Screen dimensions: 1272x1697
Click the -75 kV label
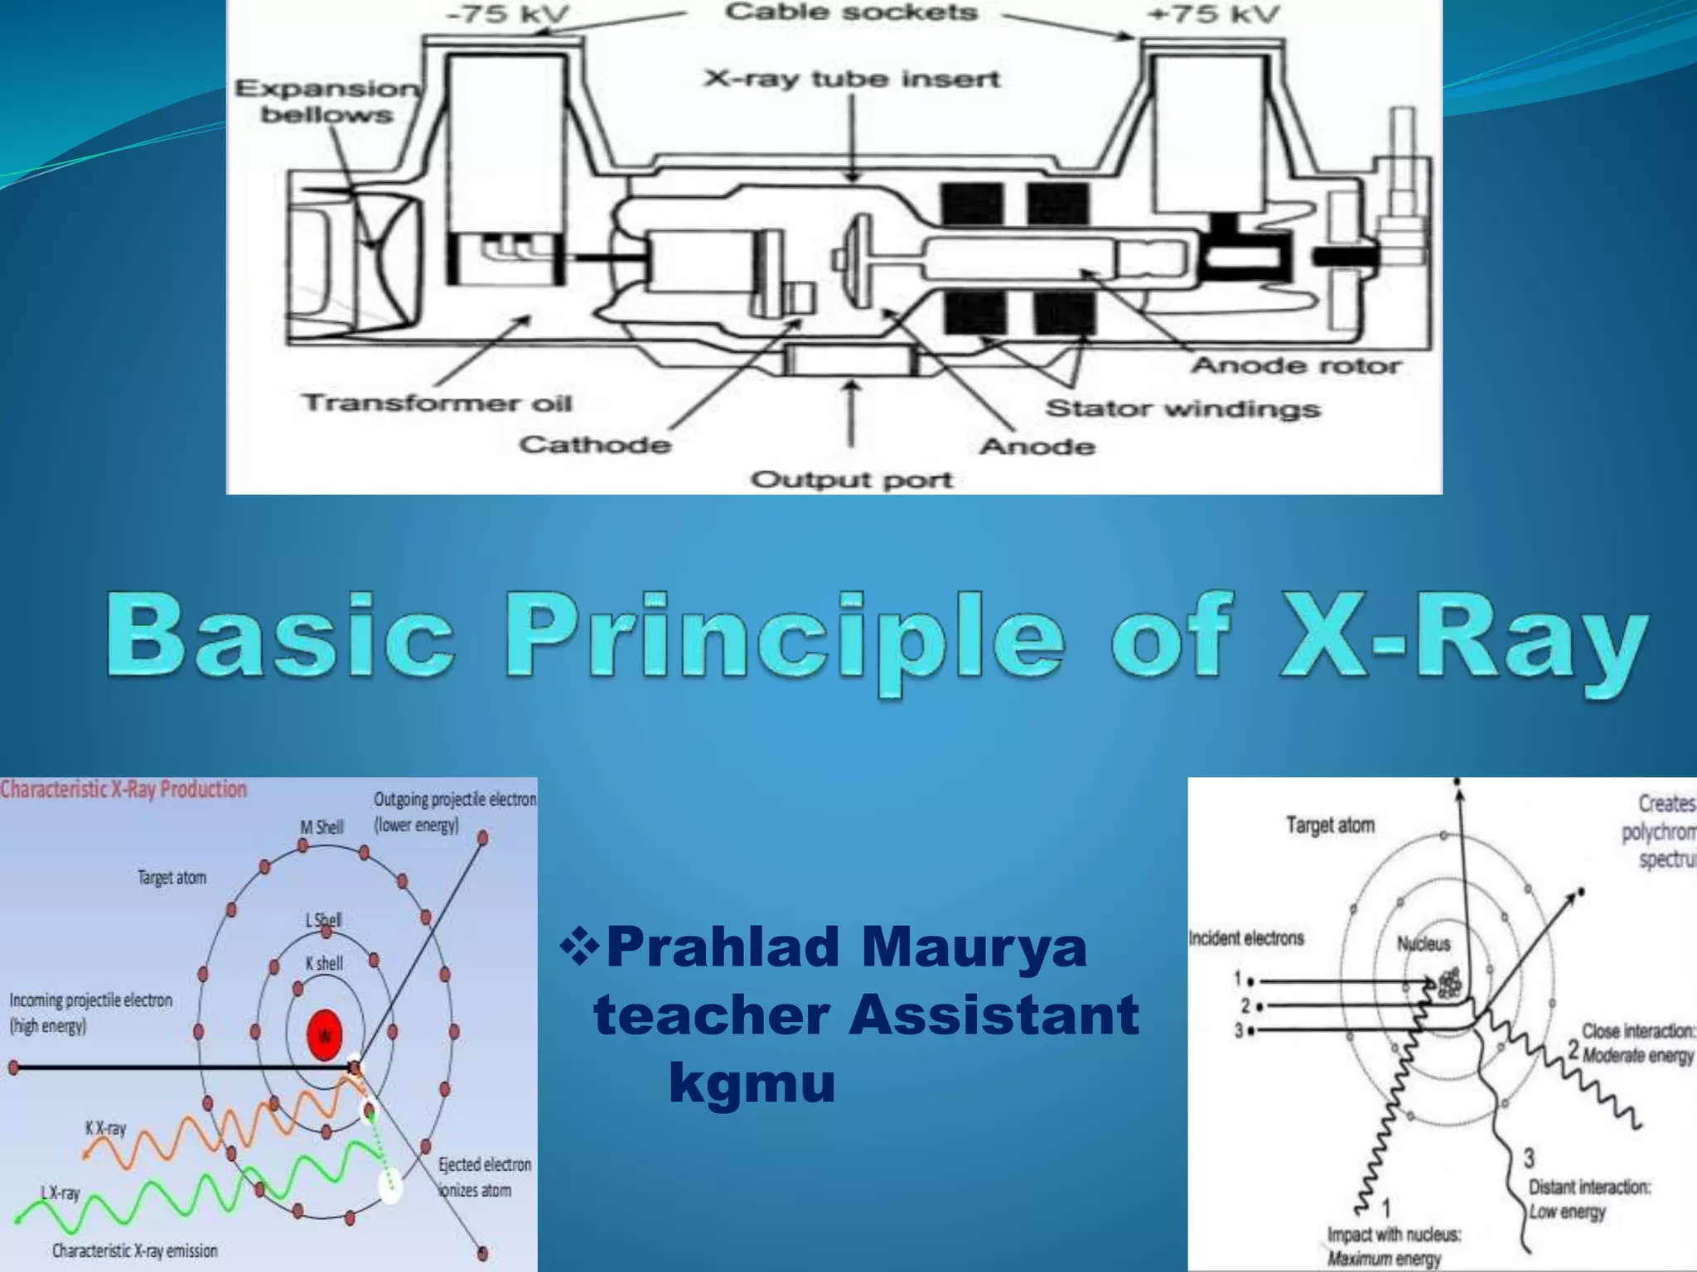click(509, 14)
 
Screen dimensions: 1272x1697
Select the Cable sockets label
click(851, 12)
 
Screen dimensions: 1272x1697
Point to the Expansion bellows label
click(327, 101)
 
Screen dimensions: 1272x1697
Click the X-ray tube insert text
click(852, 79)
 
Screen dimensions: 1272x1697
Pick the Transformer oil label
click(437, 403)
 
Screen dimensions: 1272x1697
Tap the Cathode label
click(594, 445)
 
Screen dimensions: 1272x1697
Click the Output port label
click(851, 479)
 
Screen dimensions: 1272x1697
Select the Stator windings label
click(1182, 408)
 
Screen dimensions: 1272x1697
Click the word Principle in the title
click(783, 642)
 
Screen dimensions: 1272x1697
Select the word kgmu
click(752, 1082)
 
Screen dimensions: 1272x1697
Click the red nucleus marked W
click(324, 1035)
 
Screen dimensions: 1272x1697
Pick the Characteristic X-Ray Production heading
click(124, 789)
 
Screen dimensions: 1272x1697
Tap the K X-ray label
click(105, 1128)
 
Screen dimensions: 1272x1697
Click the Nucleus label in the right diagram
click(1424, 943)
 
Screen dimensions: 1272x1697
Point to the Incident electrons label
click(1246, 938)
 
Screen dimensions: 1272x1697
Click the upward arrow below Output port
click(852, 414)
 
